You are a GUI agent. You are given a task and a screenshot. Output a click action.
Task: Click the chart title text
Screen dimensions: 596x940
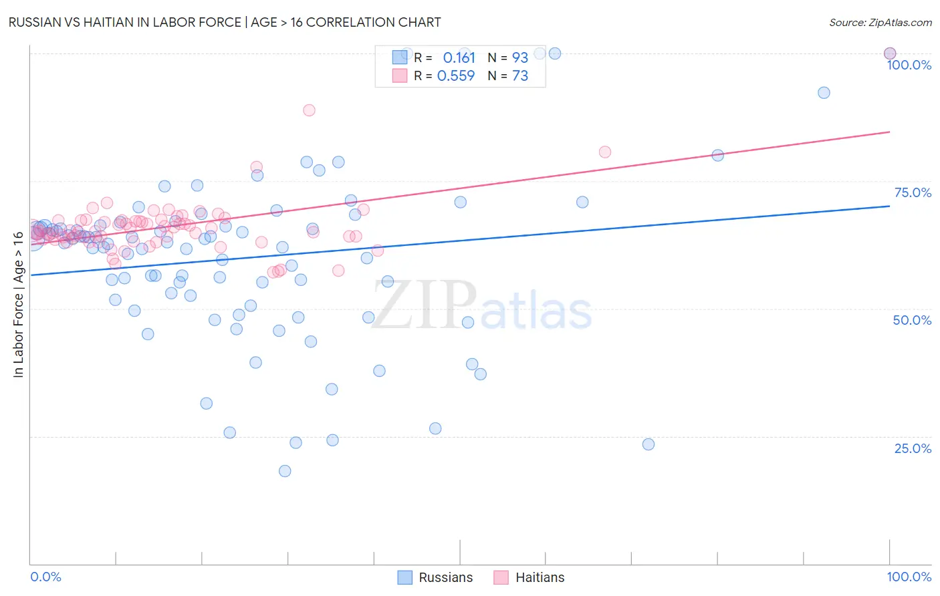coord(225,22)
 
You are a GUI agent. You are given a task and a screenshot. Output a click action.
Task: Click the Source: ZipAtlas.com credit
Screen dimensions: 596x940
coord(880,23)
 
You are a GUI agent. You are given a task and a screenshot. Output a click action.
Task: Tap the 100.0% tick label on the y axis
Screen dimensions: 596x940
coord(909,65)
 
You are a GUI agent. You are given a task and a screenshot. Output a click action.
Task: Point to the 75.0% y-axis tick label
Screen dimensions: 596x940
coord(913,192)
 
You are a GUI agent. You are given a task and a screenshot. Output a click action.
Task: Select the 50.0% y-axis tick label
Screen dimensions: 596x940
coord(912,320)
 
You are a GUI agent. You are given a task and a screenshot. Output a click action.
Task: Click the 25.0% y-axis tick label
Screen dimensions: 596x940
coord(913,448)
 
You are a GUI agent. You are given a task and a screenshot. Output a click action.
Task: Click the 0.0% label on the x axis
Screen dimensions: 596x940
coord(45,577)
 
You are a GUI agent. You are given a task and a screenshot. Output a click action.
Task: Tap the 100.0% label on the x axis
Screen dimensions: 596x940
coord(909,577)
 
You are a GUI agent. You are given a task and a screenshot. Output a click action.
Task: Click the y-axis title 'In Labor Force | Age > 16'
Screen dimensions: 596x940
coord(18,304)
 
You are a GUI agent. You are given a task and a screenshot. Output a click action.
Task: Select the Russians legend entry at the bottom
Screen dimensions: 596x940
coord(435,577)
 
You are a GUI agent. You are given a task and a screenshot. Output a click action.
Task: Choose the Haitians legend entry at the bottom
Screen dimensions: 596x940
coord(530,577)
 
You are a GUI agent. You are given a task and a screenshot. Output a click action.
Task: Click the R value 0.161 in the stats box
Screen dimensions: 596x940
coord(459,57)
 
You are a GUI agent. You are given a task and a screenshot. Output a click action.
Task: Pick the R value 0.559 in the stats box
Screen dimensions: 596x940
coord(456,76)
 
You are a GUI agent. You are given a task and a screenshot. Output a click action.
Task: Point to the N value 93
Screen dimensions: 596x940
coord(520,57)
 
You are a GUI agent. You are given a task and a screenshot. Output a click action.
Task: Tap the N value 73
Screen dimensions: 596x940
coord(520,76)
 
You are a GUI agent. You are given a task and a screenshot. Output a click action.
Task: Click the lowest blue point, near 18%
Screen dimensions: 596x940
coord(285,471)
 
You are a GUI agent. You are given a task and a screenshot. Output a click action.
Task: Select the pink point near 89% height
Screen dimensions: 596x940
coord(309,110)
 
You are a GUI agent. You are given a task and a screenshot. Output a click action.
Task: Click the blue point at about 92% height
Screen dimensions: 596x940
coord(824,93)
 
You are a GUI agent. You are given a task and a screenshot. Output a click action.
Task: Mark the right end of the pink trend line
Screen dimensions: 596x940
coord(889,132)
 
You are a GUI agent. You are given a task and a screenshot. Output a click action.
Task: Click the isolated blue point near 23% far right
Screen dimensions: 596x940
coord(648,444)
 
